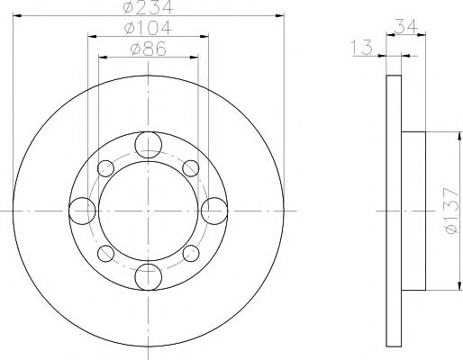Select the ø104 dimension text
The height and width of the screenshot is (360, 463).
point(149,30)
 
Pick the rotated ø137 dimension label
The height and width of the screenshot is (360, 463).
point(444,213)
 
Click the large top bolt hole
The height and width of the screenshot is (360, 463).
point(149,144)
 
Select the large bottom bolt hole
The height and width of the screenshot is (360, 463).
point(149,276)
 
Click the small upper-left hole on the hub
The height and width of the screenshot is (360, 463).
point(106,167)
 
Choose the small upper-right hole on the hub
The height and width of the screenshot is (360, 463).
point(191,167)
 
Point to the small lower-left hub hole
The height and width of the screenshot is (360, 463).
point(106,253)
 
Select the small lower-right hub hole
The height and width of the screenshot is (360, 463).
point(191,253)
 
